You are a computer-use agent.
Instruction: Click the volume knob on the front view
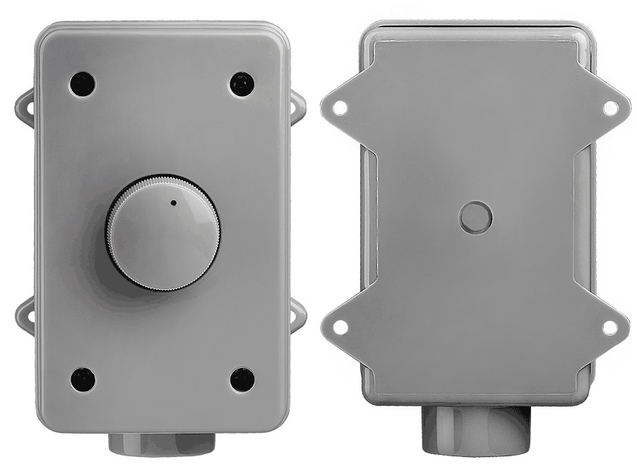(162, 233)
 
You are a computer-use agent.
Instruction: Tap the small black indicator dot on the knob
(173, 203)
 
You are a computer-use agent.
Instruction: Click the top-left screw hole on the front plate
(82, 83)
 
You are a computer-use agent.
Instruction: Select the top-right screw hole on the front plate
(242, 84)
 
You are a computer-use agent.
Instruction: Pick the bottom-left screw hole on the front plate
(82, 379)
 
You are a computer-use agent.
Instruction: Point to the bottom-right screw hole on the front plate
(242, 379)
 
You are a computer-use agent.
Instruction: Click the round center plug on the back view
(475, 217)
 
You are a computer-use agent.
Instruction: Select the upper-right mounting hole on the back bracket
(610, 107)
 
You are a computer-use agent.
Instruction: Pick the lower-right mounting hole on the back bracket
(610, 327)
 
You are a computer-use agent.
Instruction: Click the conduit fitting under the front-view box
(162, 444)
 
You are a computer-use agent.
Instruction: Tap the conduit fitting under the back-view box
(475, 430)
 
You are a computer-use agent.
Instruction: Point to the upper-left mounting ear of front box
(25, 107)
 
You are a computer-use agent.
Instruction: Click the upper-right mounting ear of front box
(298, 107)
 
